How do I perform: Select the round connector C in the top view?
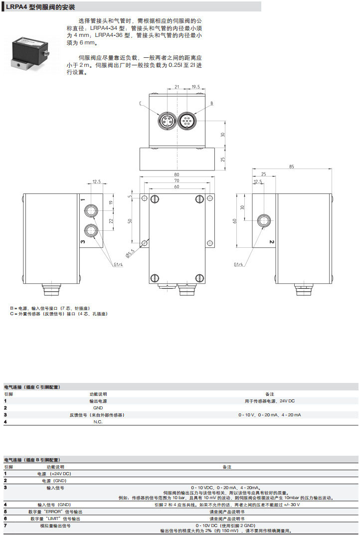(165, 121)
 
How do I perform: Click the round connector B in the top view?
(187, 121)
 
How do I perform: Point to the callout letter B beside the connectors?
(211, 103)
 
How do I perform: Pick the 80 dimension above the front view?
(177, 175)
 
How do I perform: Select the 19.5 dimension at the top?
(195, 87)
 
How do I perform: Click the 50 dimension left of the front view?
(131, 220)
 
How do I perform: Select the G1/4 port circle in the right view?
(263, 220)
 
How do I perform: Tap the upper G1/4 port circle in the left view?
(91, 211)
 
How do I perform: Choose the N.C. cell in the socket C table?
(98, 422)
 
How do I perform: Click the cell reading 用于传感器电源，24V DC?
(269, 401)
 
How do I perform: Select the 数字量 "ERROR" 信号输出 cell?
(56, 512)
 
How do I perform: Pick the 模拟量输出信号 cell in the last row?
(55, 526)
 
